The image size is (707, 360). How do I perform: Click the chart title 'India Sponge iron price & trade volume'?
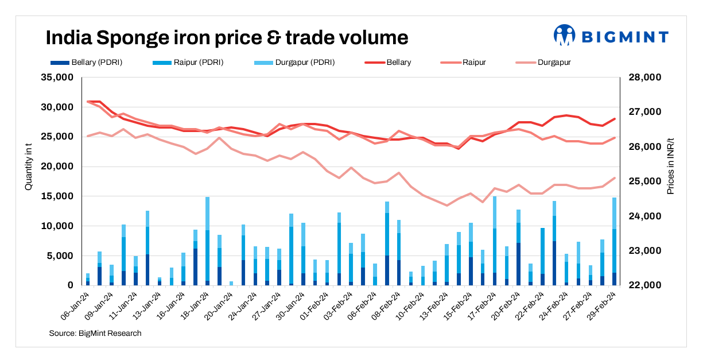tap(227, 38)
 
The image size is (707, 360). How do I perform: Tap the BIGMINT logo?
tap(611, 36)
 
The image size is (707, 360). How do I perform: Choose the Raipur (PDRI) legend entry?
tap(191, 62)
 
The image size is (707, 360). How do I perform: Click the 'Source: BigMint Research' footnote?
tap(95, 333)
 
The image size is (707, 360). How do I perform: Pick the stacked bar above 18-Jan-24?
tap(207, 241)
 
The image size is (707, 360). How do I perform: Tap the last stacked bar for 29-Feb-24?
tap(614, 241)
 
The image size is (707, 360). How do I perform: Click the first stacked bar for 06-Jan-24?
tap(88, 280)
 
